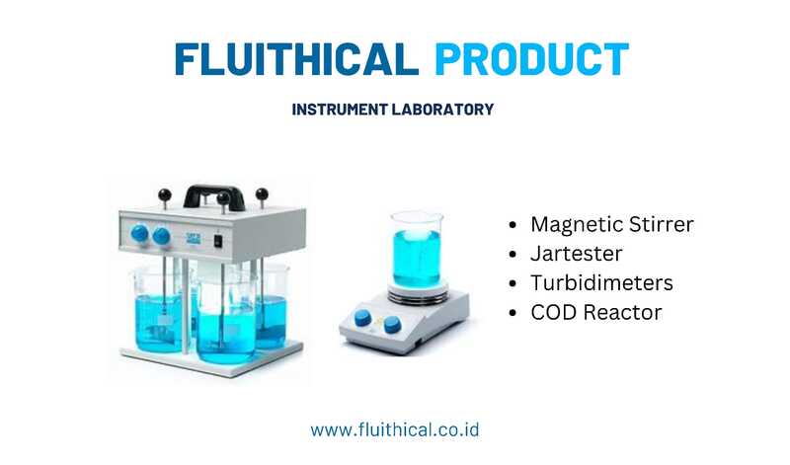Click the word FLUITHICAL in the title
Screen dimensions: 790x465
297,59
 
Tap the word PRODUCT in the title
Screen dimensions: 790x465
531,59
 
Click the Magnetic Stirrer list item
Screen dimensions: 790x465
612,224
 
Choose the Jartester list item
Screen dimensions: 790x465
577,254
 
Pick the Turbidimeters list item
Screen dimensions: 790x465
601,282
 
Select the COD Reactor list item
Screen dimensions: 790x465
596,312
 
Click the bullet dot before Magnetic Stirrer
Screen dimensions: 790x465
513,225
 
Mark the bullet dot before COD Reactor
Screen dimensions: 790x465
513,313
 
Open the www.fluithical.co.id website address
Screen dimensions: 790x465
394,430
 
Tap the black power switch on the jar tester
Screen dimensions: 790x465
218,241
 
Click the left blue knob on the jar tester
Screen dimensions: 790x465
139,234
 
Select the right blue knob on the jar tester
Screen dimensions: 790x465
161,236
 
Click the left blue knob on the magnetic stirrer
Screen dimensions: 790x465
362,318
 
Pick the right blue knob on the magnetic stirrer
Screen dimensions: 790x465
392,325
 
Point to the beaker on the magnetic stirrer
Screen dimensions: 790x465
417,250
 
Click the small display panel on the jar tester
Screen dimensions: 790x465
193,239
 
